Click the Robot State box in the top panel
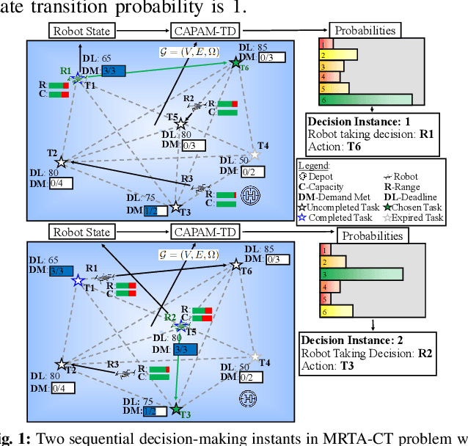click(x=81, y=31)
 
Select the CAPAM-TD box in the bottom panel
click(x=202, y=233)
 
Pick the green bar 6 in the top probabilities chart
click(x=365, y=100)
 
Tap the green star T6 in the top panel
click(x=235, y=64)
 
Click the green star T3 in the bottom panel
click(x=176, y=409)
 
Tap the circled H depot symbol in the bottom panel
click(x=247, y=398)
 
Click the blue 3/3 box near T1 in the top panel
click(x=113, y=70)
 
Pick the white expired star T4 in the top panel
click(x=255, y=155)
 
